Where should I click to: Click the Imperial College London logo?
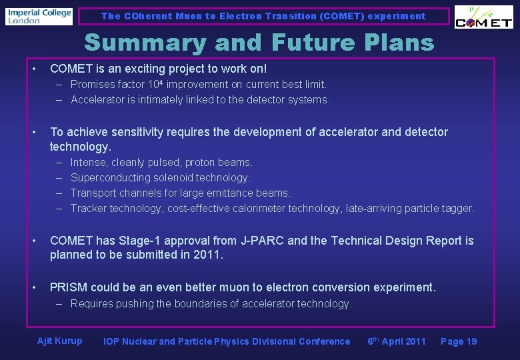click(39, 16)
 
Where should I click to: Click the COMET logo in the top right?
click(483, 18)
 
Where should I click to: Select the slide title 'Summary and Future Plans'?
click(259, 43)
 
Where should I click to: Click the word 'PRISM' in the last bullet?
click(68, 288)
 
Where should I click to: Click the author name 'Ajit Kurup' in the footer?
click(59, 341)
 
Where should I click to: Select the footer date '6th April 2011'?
click(396, 341)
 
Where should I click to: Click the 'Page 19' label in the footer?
click(459, 341)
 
